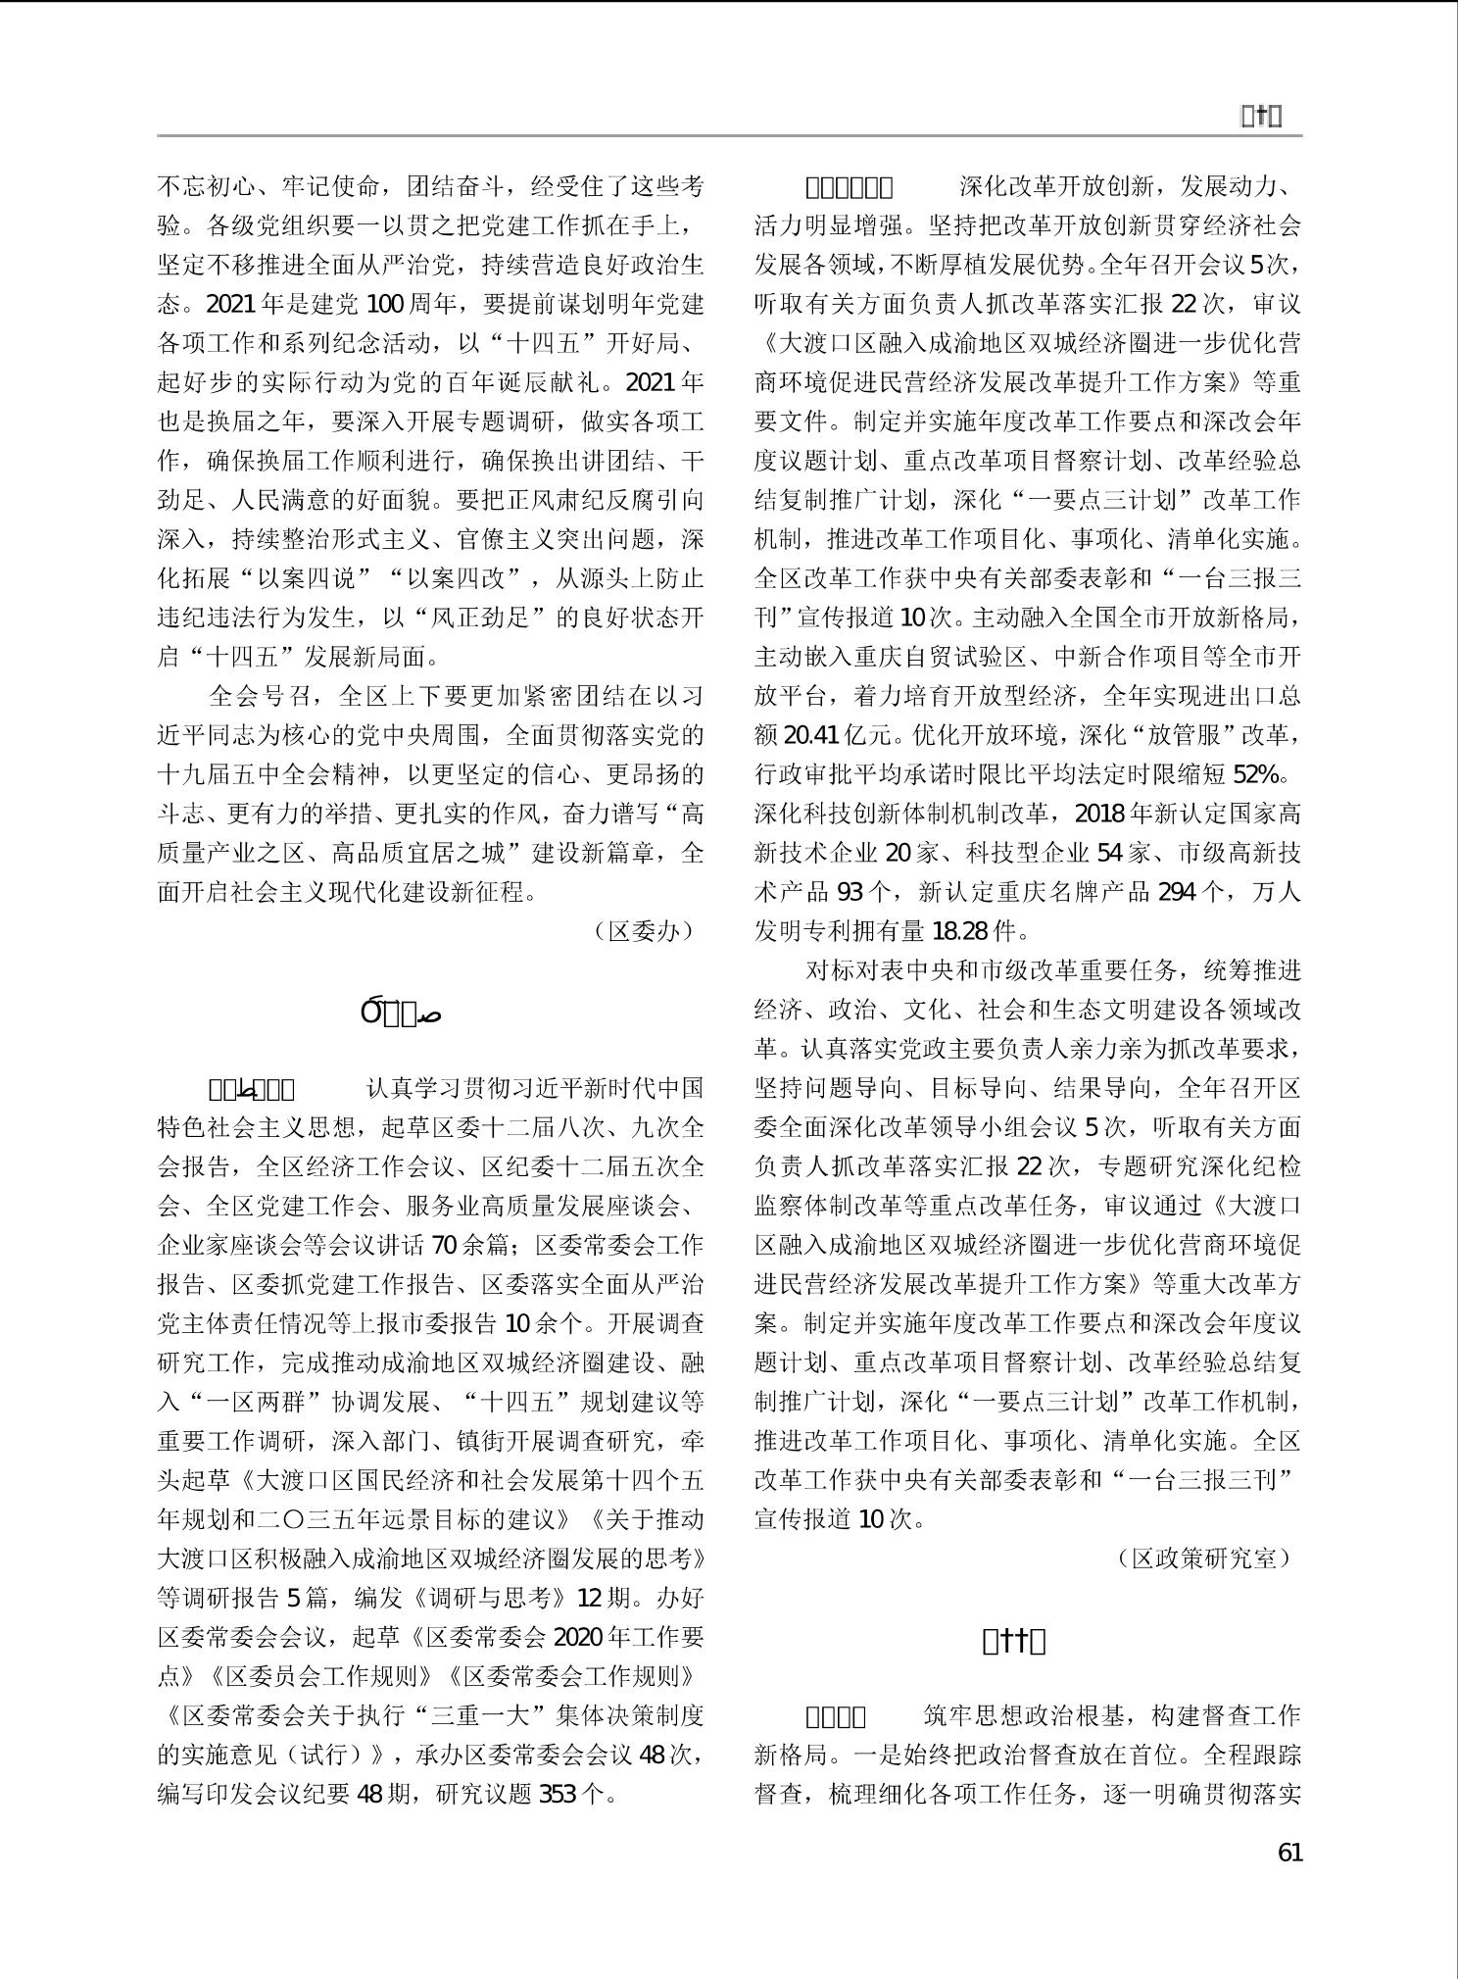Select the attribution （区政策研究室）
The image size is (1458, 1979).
click(1204, 1558)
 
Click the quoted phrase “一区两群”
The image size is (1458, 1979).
click(241, 1402)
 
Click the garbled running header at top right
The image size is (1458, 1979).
click(1261, 117)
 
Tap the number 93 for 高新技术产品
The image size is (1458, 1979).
click(850, 892)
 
